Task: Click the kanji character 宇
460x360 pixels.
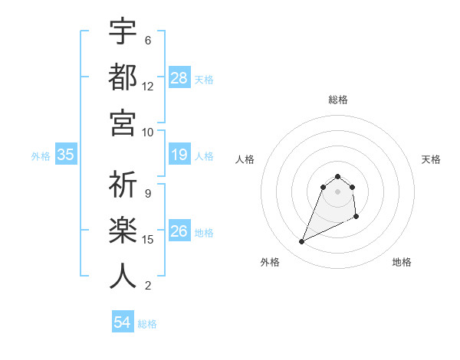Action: [x=123, y=31]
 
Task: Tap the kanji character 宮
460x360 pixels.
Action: [x=123, y=123]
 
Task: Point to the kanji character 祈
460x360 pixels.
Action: [x=123, y=184]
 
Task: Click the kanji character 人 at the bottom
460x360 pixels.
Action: [x=123, y=276]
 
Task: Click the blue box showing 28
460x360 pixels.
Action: [x=179, y=78]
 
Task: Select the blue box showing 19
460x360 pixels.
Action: [x=179, y=155]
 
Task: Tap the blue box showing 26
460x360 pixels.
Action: [x=179, y=232]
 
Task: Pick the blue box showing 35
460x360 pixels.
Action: [x=66, y=155]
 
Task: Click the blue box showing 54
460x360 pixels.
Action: [x=123, y=323]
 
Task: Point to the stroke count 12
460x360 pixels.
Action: [x=148, y=87]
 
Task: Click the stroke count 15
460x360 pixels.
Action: [x=148, y=240]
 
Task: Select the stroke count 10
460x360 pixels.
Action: [x=148, y=132]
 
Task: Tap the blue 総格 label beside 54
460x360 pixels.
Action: [x=147, y=324]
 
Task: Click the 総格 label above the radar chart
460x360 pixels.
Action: [x=338, y=100]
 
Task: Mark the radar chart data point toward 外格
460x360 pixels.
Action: [x=301, y=242]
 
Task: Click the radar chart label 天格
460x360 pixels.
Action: [x=432, y=159]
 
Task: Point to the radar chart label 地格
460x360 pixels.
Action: [x=402, y=262]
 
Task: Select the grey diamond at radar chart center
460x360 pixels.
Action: [x=338, y=191]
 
